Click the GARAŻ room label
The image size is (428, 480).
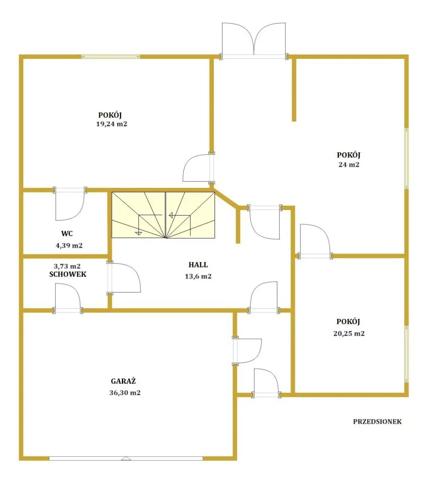point(123,382)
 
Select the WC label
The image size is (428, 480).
point(67,234)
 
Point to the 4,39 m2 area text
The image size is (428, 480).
point(69,246)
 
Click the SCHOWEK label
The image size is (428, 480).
point(68,274)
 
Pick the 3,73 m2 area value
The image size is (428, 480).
point(68,266)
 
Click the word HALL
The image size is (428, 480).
point(198,265)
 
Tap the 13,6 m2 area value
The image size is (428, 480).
point(198,276)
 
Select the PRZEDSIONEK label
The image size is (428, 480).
point(377,422)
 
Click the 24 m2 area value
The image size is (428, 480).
point(349,165)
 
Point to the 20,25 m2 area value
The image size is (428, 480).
point(349,334)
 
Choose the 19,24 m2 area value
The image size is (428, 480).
point(112,124)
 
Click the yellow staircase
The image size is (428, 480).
point(163,215)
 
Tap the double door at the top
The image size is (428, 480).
point(254,40)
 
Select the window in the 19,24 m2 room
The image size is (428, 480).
point(111,57)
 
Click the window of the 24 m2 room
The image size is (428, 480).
point(406,158)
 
